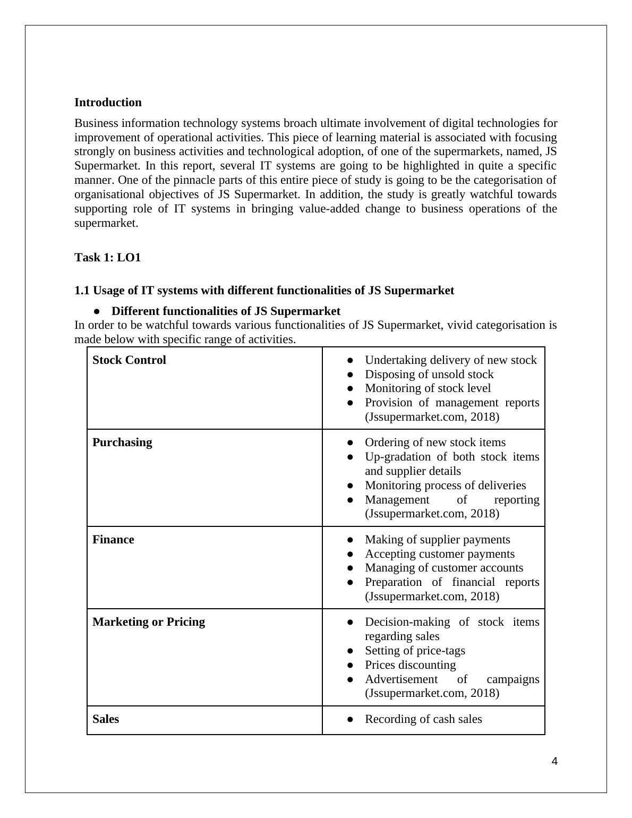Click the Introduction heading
click(108, 103)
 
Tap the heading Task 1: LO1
click(108, 258)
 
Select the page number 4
click(554, 762)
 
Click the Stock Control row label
click(129, 360)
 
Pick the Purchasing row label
click(122, 442)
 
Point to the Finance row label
click(113, 540)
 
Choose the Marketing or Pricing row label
click(149, 622)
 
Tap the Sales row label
click(106, 719)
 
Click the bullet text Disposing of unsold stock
click(429, 374)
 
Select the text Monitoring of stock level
click(428, 388)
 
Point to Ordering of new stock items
click(435, 442)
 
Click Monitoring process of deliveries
click(445, 485)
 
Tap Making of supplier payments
click(437, 540)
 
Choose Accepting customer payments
click(440, 554)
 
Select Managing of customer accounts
click(444, 568)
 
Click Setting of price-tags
click(415, 651)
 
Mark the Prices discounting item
click(410, 665)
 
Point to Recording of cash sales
click(423, 719)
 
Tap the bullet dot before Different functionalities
click(97, 311)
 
